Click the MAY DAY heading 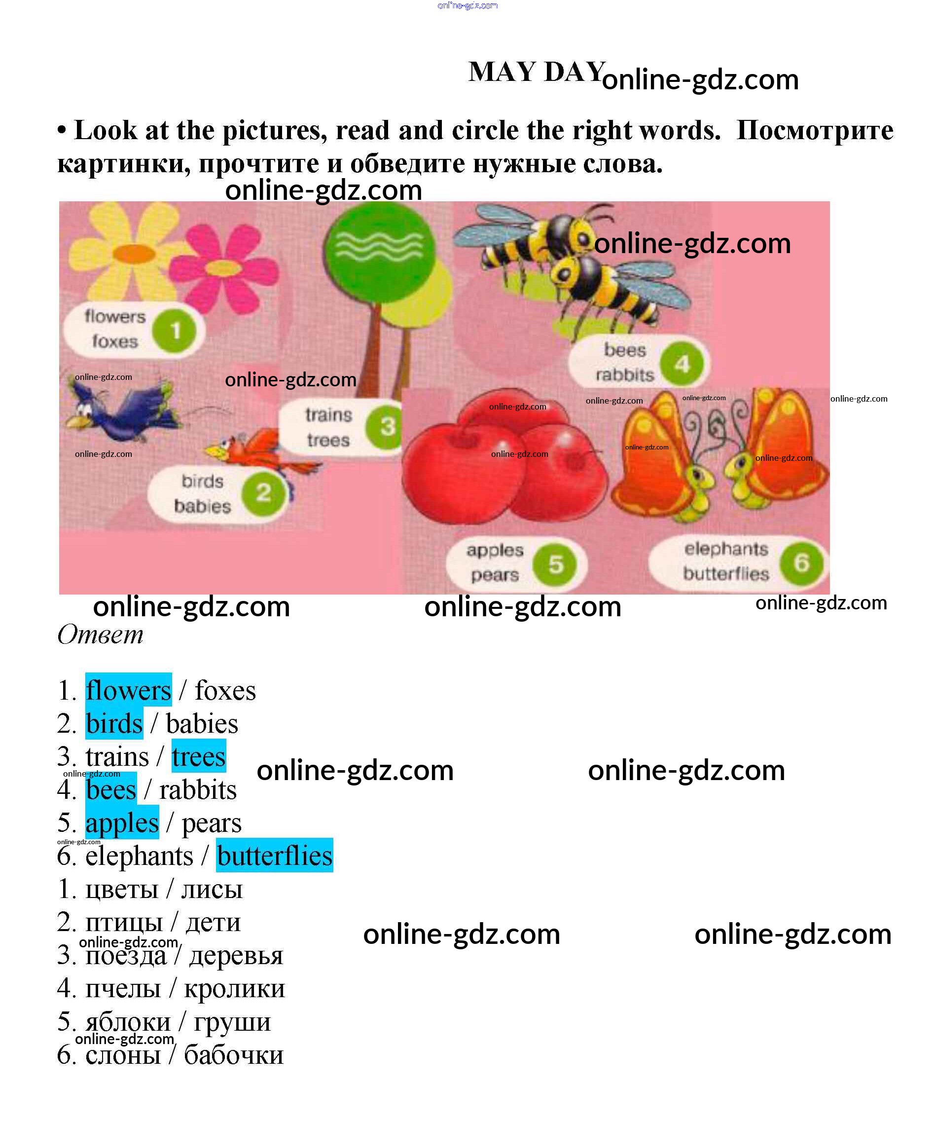(536, 72)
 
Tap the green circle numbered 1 (174, 331)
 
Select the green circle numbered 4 (682, 365)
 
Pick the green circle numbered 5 (555, 563)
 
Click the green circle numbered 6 (801, 562)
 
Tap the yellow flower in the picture (128, 251)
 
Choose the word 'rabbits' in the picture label (624, 375)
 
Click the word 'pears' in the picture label (495, 575)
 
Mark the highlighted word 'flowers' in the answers (128, 690)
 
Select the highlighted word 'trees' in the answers (199, 756)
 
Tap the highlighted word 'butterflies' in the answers (275, 856)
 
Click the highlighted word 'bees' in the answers (111, 789)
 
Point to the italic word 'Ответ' (101, 635)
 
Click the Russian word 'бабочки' (233, 1054)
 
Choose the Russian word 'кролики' (234, 988)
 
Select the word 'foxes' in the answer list (225, 690)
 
